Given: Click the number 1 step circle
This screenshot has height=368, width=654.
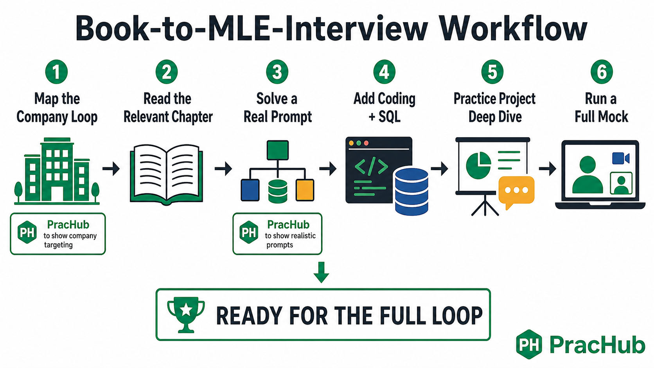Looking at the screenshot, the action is (56, 72).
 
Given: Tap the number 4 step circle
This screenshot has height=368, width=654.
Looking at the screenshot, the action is (384, 72).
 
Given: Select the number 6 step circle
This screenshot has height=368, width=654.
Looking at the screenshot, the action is (602, 72).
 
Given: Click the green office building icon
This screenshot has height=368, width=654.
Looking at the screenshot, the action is (57, 171).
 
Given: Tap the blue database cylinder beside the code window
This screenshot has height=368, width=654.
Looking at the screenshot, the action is (411, 192).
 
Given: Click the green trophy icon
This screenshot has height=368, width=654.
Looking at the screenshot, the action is (186, 314).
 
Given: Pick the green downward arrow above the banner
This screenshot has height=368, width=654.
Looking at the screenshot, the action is (322, 272).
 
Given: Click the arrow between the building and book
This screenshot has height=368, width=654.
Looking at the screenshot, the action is (111, 169).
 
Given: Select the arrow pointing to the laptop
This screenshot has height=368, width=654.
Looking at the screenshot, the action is (548, 169).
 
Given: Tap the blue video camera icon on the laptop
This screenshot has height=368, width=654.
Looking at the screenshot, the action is (620, 158).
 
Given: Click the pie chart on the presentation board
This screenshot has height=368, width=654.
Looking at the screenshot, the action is (478, 165).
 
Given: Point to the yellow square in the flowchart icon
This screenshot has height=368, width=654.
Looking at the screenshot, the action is (305, 190).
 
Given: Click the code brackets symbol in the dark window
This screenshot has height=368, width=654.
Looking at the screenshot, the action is (371, 166).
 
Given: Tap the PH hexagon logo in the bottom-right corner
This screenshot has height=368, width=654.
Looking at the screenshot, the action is (529, 345).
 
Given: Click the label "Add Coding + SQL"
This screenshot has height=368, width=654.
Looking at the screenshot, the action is (384, 108).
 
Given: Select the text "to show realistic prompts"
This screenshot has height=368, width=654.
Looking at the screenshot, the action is (290, 240).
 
